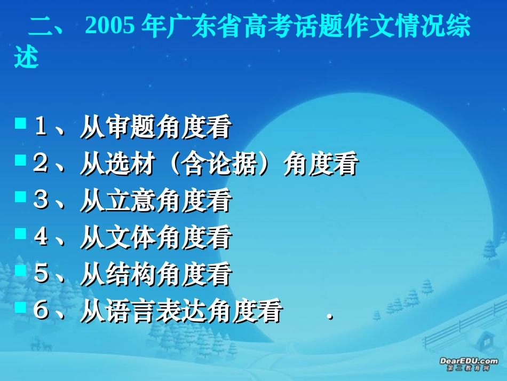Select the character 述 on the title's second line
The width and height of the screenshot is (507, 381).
click(x=27, y=58)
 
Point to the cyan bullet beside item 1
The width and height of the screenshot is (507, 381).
click(x=21, y=124)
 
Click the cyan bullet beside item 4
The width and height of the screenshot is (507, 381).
click(x=21, y=234)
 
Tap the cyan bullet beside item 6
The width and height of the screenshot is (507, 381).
click(x=21, y=307)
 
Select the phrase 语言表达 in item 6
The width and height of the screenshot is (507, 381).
click(x=155, y=312)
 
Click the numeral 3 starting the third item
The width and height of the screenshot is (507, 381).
click(x=41, y=201)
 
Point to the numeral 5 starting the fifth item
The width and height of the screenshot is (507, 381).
click(x=41, y=275)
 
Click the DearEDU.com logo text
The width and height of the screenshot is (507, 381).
click(x=469, y=361)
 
